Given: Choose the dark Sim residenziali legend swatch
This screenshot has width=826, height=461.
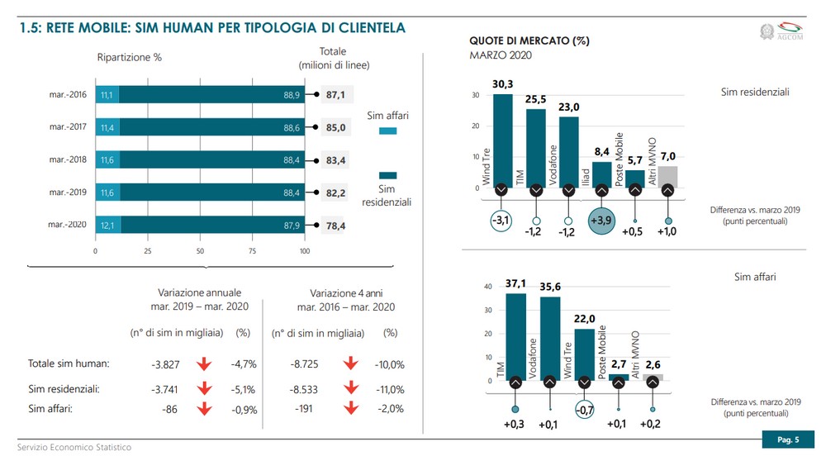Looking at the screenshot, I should click(x=387, y=174).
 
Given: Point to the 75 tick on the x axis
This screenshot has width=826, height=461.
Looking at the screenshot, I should click(x=252, y=250).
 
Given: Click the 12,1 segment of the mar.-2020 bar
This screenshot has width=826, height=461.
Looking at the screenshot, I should click(x=108, y=225).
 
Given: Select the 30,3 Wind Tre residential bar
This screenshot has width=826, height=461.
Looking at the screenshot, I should click(x=503, y=140).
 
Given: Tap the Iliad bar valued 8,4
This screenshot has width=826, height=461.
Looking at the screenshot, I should click(x=601, y=174).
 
